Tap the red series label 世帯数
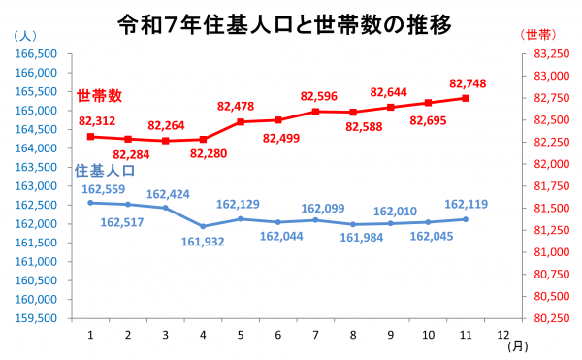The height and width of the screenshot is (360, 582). tap(100, 96)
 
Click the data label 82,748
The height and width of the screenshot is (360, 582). tap(468, 83)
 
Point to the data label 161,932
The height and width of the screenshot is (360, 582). tap(203, 240)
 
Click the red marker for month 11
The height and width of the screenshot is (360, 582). tap(467, 98)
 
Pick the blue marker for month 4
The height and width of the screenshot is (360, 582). tap(203, 226)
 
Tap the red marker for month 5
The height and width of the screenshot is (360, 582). tap(241, 122)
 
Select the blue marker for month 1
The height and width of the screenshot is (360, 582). tap(90, 203)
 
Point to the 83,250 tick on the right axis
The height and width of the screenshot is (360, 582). tap(552, 54)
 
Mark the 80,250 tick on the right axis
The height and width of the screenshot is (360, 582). tap(552, 318)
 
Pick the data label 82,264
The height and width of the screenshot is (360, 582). tap(167, 125)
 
